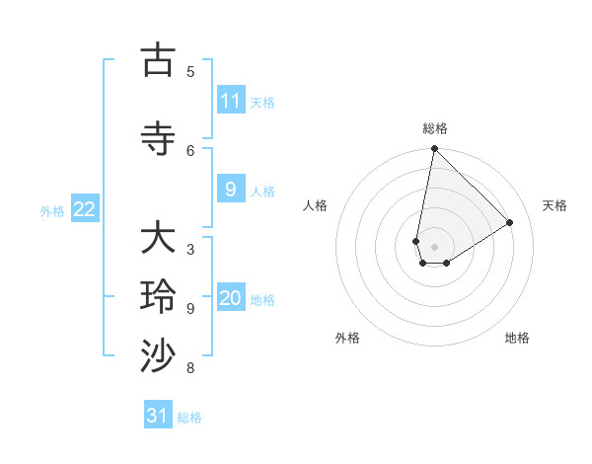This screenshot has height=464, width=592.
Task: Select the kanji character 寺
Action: tap(158, 139)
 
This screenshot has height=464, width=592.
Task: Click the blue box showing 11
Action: tap(231, 101)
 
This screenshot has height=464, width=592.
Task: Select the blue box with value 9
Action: tap(231, 190)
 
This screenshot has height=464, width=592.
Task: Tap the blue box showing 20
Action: tap(231, 298)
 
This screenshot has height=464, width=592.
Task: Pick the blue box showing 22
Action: tap(85, 209)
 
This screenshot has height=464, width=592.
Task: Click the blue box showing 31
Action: tap(158, 416)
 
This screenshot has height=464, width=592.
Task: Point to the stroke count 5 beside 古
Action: tap(190, 71)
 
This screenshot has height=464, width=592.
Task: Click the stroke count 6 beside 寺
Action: tap(190, 150)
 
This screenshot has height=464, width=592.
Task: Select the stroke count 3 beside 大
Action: tap(190, 249)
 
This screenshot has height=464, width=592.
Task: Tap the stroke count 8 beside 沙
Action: tap(190, 368)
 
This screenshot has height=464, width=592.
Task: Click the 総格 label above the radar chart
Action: tap(435, 128)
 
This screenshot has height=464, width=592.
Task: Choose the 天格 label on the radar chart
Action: tap(555, 205)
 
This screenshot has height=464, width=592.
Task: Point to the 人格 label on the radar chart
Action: tap(316, 205)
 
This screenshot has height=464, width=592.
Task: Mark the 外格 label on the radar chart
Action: tap(347, 338)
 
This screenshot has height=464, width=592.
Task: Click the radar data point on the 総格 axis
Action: tap(434, 149)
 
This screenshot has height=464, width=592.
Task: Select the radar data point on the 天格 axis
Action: tap(510, 222)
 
